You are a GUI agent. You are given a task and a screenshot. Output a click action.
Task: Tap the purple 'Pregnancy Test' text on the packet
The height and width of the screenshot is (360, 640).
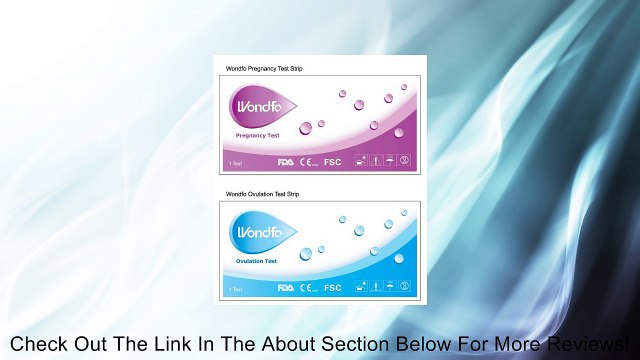257,134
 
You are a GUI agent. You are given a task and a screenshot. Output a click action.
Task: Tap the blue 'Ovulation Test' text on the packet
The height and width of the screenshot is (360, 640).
256,261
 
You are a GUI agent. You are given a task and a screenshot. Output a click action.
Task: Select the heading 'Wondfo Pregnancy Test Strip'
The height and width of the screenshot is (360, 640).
263,68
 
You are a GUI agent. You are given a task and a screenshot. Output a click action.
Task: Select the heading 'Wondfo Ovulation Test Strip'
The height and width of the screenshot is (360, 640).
263,194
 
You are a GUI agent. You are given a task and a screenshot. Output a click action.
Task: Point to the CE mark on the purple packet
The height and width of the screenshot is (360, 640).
307,161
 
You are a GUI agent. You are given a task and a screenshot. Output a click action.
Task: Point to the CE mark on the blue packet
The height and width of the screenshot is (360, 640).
307,288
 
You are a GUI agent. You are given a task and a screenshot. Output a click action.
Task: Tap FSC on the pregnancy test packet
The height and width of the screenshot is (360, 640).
333,161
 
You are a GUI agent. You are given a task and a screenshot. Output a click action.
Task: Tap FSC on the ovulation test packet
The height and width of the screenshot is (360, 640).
333,288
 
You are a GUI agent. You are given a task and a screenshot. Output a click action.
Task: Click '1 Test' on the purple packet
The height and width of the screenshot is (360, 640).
235,162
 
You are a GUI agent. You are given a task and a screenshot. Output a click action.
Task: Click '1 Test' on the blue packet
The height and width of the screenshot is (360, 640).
235,289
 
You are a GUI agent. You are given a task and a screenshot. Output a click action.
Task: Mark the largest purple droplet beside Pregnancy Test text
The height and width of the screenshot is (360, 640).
306,128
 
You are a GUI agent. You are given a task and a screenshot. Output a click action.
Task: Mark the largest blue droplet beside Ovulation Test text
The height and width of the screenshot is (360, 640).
306,255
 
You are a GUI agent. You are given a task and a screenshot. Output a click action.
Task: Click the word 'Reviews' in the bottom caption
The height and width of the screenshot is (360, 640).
584,343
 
